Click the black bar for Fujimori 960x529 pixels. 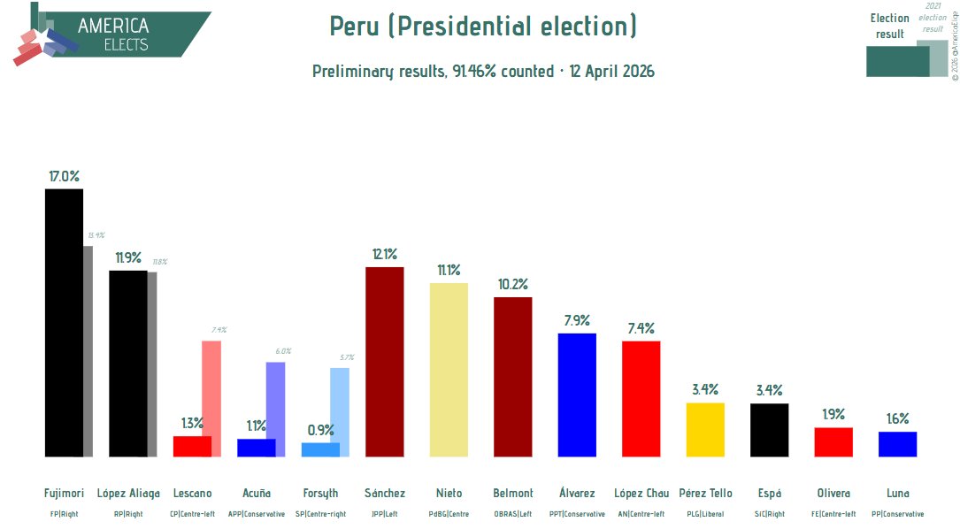coord(64,323)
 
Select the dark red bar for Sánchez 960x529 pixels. coord(384,362)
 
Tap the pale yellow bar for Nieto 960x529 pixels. coord(449,370)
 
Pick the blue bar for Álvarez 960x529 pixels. coord(577,395)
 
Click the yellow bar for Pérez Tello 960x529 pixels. coord(705,430)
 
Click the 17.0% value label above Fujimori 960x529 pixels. coord(64,176)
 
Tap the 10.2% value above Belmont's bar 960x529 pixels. coord(512,285)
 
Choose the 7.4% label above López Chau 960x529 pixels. coord(641,328)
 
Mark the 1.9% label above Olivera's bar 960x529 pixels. coord(833,414)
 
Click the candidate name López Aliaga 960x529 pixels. coord(128,493)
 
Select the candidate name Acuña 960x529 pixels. coord(257,493)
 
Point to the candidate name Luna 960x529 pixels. coord(897,493)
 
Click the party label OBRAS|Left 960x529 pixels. coord(512,514)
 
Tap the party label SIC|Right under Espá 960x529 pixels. coord(769,514)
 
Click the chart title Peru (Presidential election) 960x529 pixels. coord(483,27)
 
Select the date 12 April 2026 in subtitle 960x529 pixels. coord(611,72)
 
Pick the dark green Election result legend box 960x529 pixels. coord(897,61)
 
